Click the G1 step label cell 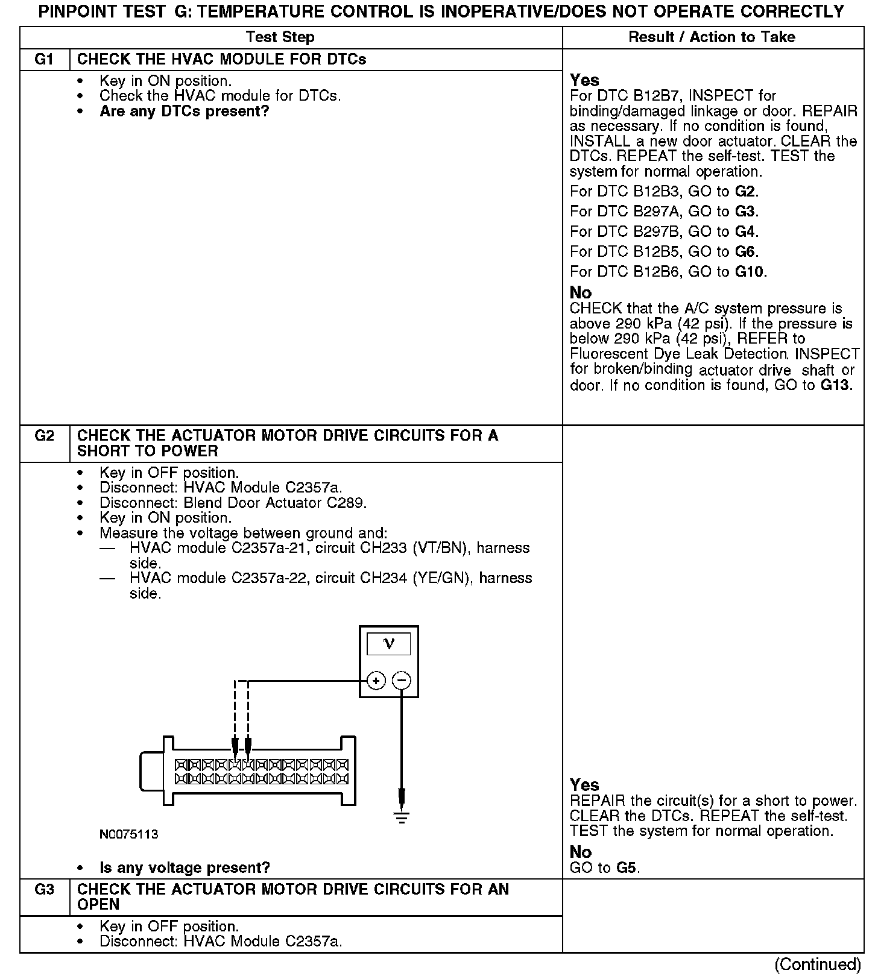pyautogui.click(x=45, y=60)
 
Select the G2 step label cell pyautogui.click(x=45, y=436)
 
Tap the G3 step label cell pyautogui.click(x=45, y=890)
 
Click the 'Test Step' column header pyautogui.click(x=280, y=37)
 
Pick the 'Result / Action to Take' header pyautogui.click(x=712, y=37)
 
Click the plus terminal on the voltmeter pyautogui.click(x=376, y=681)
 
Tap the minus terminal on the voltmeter pyautogui.click(x=402, y=681)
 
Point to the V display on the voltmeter pyautogui.click(x=389, y=644)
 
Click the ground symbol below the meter pyautogui.click(x=402, y=817)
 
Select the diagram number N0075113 pyautogui.click(x=129, y=834)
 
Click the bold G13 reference pyautogui.click(x=836, y=385)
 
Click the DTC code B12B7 pyautogui.click(x=657, y=96)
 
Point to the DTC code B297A pyautogui.click(x=657, y=212)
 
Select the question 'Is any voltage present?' pyautogui.click(x=185, y=868)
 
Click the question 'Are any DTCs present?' pyautogui.click(x=184, y=112)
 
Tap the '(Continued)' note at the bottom pyautogui.click(x=817, y=965)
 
